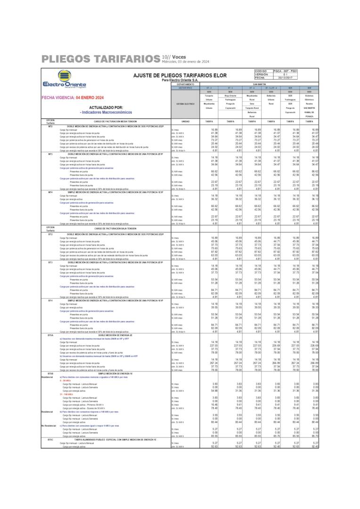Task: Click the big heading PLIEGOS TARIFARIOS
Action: tap(100, 59)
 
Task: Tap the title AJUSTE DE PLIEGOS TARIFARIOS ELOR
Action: tap(180, 75)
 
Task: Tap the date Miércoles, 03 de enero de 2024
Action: tap(185, 61)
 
